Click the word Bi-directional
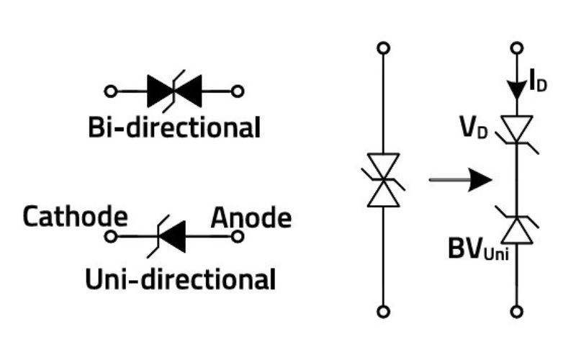(x=174, y=128)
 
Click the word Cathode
(x=75, y=217)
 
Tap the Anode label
(x=251, y=217)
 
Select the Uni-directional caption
(x=180, y=279)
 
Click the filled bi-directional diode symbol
(x=174, y=91)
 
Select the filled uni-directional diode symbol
(x=169, y=236)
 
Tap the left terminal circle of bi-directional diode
(x=110, y=91)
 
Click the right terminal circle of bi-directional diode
(x=238, y=91)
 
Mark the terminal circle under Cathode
(x=110, y=236)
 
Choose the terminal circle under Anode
(x=233, y=236)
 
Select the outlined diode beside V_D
(x=516, y=130)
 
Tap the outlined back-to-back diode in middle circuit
(x=383, y=180)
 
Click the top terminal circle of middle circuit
(x=383, y=48)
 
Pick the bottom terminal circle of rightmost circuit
(x=516, y=312)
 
